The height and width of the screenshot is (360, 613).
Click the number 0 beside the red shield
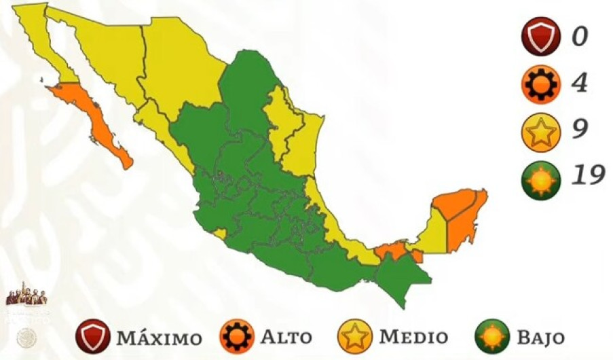579,36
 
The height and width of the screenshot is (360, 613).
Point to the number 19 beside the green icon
587,176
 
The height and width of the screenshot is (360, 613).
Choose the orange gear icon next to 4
541,84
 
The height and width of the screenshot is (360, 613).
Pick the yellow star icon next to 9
541,132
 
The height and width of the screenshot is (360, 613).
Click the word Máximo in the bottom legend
159,338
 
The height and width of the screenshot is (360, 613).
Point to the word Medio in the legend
413,337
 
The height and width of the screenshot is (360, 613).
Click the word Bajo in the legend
540,337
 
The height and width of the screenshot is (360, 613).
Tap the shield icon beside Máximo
93,337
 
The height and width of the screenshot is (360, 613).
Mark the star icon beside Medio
355,337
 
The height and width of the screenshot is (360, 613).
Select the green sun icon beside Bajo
496,337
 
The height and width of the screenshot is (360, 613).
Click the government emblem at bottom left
26,297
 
